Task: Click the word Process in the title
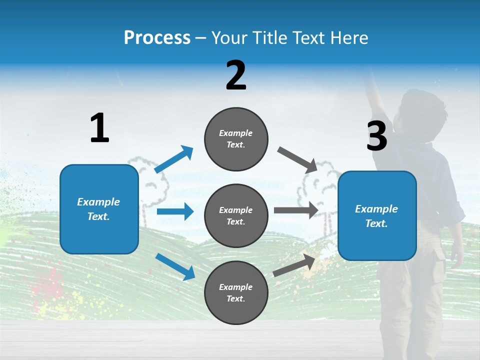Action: click(157, 38)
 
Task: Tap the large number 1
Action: click(99, 128)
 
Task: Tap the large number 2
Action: click(236, 75)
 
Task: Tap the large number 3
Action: click(376, 136)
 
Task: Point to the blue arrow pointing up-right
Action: click(173, 160)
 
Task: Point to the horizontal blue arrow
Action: click(175, 211)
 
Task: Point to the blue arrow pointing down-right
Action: click(175, 266)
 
